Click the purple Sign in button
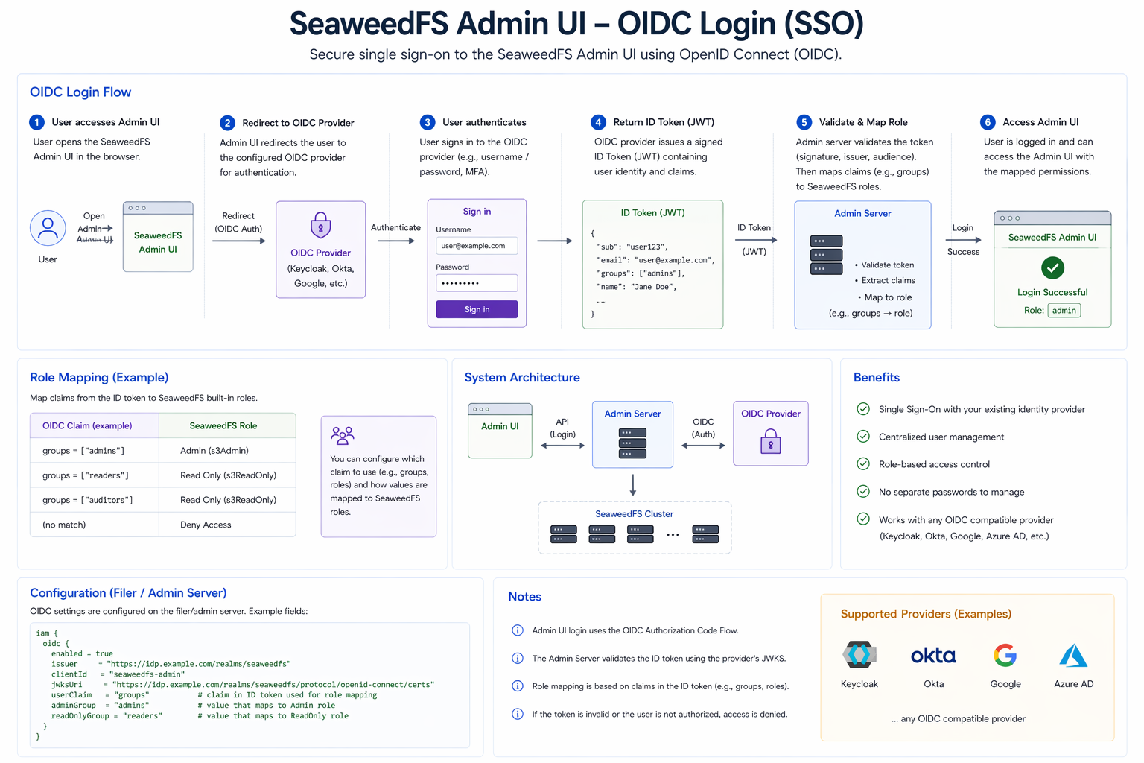[x=477, y=309]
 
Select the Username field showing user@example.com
[x=477, y=246]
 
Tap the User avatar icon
[x=48, y=228]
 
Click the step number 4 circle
[x=598, y=122]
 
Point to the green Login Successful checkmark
[x=1052, y=267]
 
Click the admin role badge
[x=1064, y=311]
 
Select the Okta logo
[x=933, y=656]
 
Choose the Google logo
[x=1005, y=656]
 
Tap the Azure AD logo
[x=1073, y=656]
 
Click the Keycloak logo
[x=859, y=655]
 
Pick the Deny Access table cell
[x=206, y=525]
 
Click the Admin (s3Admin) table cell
[x=214, y=451]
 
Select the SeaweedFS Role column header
[x=223, y=426]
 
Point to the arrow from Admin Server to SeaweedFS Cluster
[x=633, y=485]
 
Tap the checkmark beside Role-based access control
[x=863, y=464]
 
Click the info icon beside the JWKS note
[x=518, y=658]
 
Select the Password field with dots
[x=477, y=283]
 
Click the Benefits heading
[x=877, y=378]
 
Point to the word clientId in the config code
[x=69, y=674]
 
